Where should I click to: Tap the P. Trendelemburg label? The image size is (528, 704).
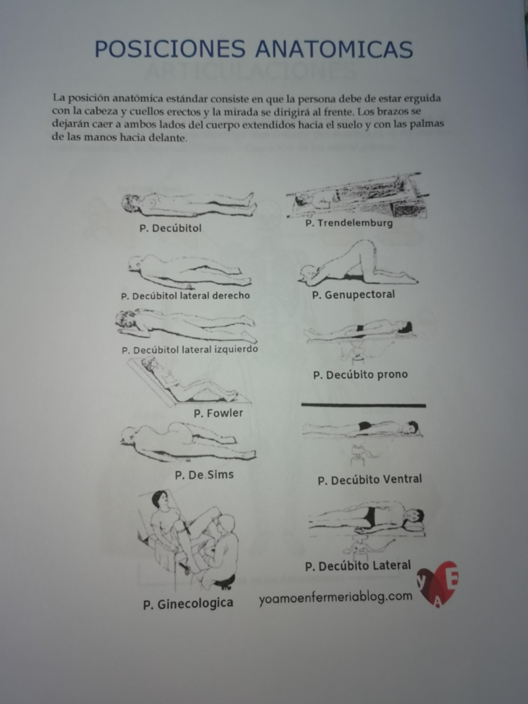[349, 223]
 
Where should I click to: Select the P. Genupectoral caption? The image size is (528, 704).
[353, 294]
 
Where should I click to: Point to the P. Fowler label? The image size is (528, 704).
[218, 413]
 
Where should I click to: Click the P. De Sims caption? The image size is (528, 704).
[204, 475]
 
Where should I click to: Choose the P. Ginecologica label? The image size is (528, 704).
[188, 604]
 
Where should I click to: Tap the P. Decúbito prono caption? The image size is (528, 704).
[360, 375]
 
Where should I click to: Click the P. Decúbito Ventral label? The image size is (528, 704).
[370, 479]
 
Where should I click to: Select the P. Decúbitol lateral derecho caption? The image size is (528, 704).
[185, 296]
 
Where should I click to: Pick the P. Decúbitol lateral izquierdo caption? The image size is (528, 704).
[190, 350]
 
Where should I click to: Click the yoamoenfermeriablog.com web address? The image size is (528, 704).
[335, 598]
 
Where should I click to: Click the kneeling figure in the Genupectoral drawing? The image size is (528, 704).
[356, 264]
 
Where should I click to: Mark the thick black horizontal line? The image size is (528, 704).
[363, 405]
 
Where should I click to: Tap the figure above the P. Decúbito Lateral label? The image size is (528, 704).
[367, 519]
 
